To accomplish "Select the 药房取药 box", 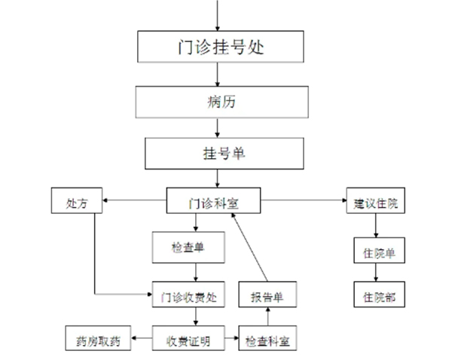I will tap(97, 340).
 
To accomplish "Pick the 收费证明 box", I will tap(189, 340).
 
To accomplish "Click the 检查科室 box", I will tap(267, 340).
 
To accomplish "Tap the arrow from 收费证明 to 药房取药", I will tap(142, 340).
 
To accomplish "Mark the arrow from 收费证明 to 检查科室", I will tap(231, 340).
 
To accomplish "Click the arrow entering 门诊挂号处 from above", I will tap(218, 15).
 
